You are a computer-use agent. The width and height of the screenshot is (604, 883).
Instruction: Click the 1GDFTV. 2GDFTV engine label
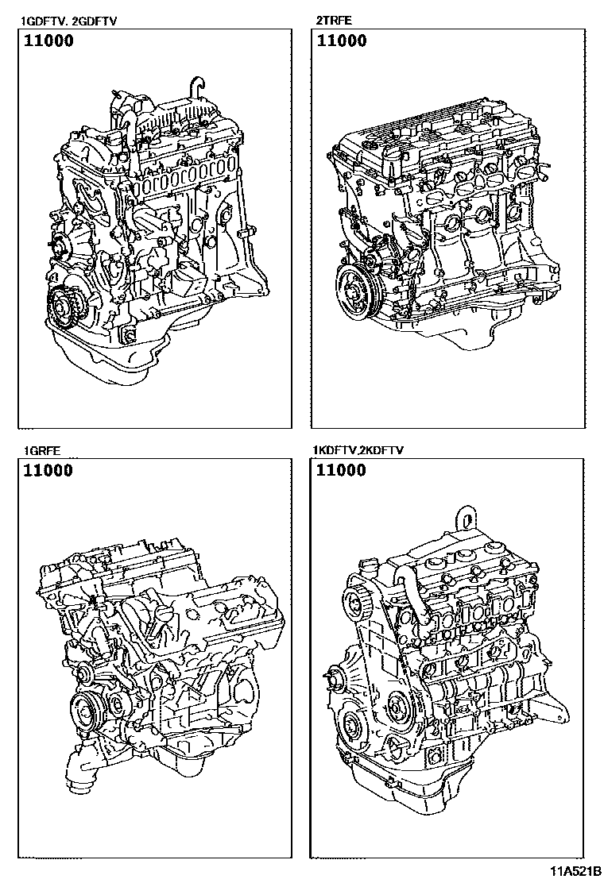[x=68, y=22]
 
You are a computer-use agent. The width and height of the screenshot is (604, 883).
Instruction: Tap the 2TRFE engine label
[x=334, y=21]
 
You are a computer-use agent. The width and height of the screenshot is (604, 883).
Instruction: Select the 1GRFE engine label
[x=41, y=450]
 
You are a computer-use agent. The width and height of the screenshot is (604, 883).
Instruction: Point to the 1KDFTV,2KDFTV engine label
[x=359, y=450]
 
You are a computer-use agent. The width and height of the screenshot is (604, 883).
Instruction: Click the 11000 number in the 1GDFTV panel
[x=48, y=40]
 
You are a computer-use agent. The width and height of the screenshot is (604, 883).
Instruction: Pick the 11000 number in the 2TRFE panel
[x=342, y=40]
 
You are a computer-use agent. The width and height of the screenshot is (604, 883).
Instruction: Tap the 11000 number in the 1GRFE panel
[x=48, y=470]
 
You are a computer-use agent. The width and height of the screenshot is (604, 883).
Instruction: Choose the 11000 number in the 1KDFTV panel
[x=342, y=470]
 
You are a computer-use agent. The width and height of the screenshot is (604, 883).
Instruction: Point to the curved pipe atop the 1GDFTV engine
[x=196, y=87]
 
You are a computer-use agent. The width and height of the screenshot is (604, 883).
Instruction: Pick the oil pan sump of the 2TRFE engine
[x=462, y=332]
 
